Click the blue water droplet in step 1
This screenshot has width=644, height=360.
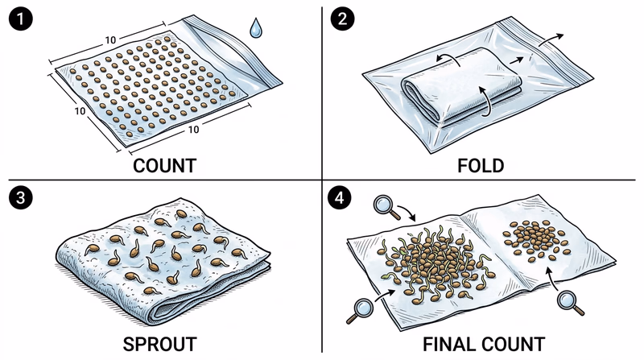point(255,29)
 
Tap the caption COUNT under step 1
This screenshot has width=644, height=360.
point(164,166)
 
